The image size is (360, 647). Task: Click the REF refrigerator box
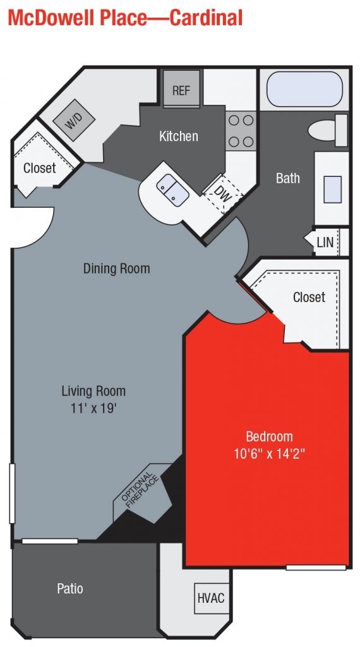click(181, 90)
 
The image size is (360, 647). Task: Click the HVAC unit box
click(210, 597)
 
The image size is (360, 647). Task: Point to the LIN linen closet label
click(325, 242)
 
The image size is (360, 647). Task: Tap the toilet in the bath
click(327, 130)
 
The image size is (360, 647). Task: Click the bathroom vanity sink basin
click(332, 188)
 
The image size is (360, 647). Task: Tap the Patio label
click(69, 588)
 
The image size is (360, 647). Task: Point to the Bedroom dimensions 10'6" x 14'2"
click(270, 453)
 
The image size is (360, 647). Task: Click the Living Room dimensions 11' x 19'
click(93, 408)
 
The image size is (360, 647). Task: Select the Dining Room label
click(117, 269)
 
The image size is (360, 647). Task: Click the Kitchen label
click(178, 136)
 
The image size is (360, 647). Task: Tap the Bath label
click(287, 178)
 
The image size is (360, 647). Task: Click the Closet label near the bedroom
click(309, 297)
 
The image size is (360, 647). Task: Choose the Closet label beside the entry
click(39, 168)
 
